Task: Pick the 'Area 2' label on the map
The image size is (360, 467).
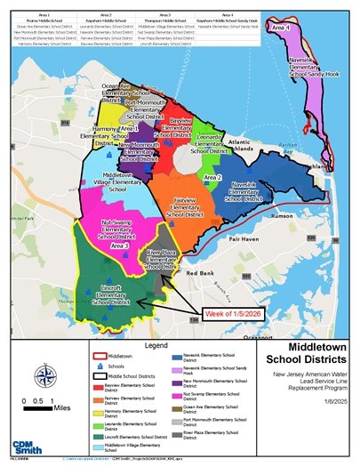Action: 212,178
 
